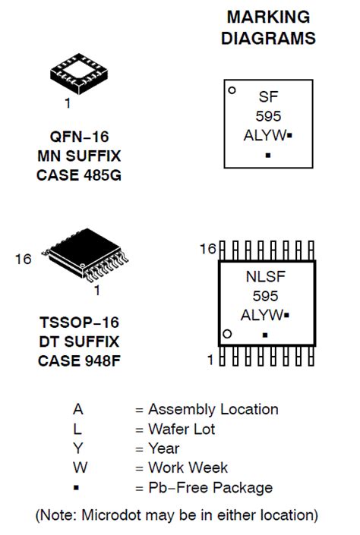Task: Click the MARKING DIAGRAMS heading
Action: pyautogui.click(x=269, y=27)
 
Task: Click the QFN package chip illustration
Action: pyautogui.click(x=81, y=73)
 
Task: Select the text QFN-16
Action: pyautogui.click(x=80, y=137)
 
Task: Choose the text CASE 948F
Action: pyautogui.click(x=81, y=360)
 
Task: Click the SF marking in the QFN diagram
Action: pyautogui.click(x=269, y=97)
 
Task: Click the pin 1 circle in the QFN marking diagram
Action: pyautogui.click(x=232, y=90)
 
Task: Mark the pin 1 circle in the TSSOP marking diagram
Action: pyautogui.click(x=226, y=334)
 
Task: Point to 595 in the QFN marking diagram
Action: pyautogui.click(x=269, y=116)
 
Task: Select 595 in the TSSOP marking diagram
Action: pyautogui.click(x=266, y=296)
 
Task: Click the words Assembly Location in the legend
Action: pyautogui.click(x=213, y=410)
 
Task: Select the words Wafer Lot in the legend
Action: pyautogui.click(x=182, y=430)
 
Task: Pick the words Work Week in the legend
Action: pyautogui.click(x=188, y=468)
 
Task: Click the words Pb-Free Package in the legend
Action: pyautogui.click(x=210, y=488)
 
